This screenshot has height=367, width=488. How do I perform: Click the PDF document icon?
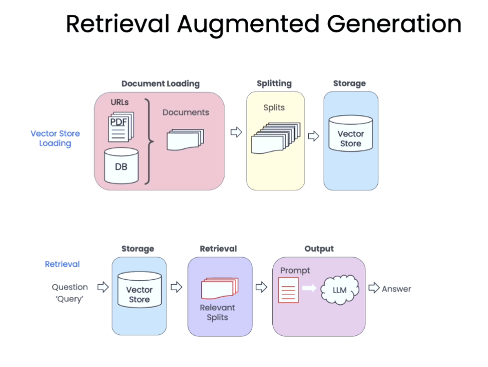click(121, 127)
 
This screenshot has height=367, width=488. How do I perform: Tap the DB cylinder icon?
click(121, 166)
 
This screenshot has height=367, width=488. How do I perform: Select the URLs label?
click(119, 102)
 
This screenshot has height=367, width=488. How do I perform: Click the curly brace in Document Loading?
click(149, 141)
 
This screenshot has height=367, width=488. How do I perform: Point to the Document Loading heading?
click(161, 84)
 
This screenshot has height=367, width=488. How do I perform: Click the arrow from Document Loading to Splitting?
click(236, 132)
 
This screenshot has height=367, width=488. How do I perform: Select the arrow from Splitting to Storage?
click(314, 136)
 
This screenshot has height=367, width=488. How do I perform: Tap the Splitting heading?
click(274, 83)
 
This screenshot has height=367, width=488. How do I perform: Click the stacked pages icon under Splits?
click(276, 138)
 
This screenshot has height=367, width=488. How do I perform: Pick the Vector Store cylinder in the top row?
click(351, 133)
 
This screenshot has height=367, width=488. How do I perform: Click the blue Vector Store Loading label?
click(55, 138)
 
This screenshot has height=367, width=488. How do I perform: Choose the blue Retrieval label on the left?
click(62, 264)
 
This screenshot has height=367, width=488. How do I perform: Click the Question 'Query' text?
click(70, 293)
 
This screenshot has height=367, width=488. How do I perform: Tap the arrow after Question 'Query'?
click(103, 287)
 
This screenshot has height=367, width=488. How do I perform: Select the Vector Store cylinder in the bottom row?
click(139, 289)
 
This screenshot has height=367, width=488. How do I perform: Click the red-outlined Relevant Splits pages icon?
click(220, 288)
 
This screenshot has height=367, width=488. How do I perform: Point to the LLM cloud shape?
click(339, 289)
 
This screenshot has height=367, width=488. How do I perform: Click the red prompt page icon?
click(289, 290)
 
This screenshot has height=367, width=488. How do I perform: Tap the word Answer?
click(396, 289)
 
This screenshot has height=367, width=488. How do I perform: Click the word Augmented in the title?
click(248, 25)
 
